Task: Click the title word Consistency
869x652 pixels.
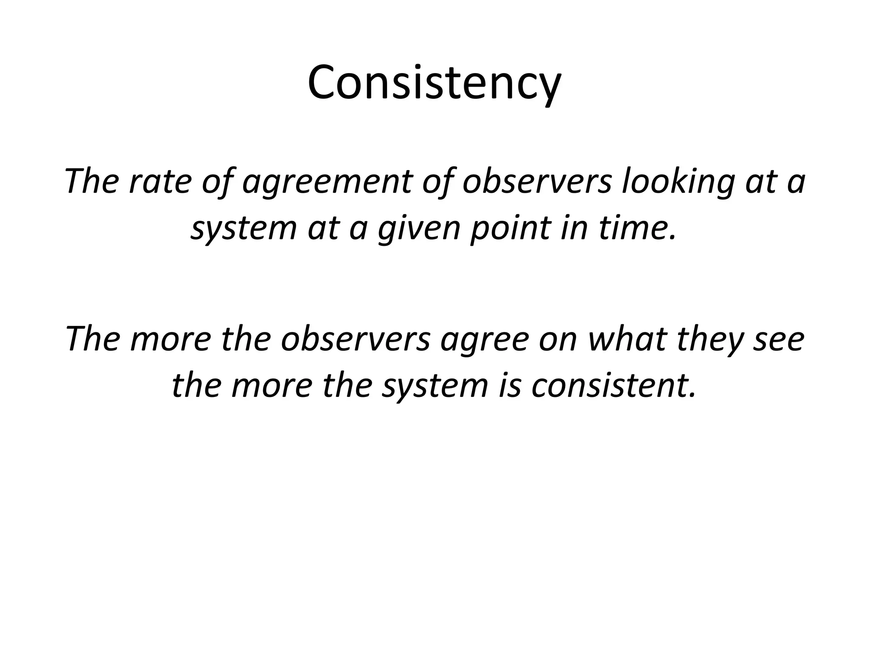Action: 434,83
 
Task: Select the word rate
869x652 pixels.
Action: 158,181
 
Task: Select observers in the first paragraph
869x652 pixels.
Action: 537,181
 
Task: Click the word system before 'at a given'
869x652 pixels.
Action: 243,229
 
